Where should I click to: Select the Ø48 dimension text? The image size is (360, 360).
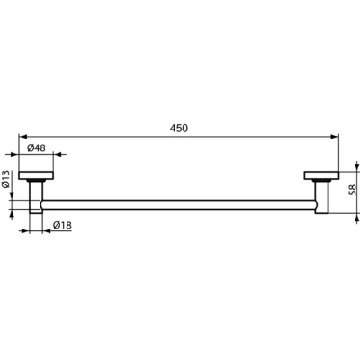(x=37, y=148)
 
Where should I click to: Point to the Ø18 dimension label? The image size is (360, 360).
(x=62, y=225)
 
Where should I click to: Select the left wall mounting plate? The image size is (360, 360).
(x=37, y=175)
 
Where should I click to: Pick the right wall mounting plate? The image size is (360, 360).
(x=322, y=175)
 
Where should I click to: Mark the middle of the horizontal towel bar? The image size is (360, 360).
(x=180, y=206)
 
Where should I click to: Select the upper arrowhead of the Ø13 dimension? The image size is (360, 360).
(x=13, y=198)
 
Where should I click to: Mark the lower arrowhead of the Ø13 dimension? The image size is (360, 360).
(x=13, y=214)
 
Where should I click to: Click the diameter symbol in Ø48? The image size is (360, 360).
(x=31, y=148)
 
